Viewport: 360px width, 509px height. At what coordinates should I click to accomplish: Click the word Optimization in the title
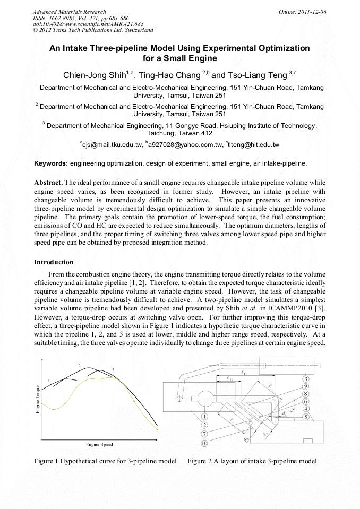284,48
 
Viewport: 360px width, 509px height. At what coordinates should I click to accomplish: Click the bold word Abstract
48,182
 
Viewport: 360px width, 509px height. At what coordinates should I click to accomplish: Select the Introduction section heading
54,262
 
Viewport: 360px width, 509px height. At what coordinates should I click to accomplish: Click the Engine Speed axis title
99,444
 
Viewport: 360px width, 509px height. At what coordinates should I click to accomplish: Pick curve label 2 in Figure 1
79,366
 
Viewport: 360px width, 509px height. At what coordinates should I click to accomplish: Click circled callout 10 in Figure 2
204,443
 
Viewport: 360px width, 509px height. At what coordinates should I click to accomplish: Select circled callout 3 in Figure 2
306,379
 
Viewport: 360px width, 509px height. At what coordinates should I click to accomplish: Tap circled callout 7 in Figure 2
204,434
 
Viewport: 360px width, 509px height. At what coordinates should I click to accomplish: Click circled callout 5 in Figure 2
306,417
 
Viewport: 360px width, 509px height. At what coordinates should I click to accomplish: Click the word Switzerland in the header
136,30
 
